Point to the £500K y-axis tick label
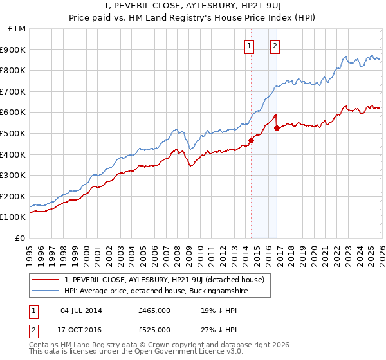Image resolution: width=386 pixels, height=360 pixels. (x=15, y=133)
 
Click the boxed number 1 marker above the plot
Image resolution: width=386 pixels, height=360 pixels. (x=249, y=46)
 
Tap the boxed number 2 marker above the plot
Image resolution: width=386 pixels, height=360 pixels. (x=275, y=46)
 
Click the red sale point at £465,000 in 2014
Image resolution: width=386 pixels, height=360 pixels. (x=251, y=141)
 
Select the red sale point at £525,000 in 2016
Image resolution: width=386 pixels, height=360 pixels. (x=277, y=128)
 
